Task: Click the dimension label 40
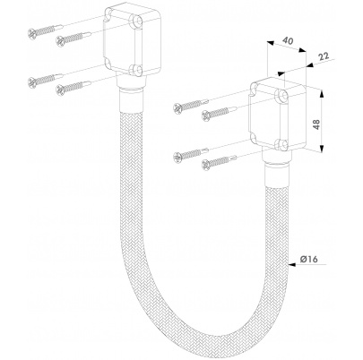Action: (x=288, y=41)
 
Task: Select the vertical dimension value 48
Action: (x=316, y=124)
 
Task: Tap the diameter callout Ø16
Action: (x=309, y=260)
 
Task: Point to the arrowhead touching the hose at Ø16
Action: (x=292, y=264)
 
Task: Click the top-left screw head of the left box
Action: (x=32, y=33)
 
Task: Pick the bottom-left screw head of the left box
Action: (x=32, y=82)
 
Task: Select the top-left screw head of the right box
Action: (x=177, y=108)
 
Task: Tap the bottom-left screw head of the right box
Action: (x=177, y=158)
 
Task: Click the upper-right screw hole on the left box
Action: (x=137, y=21)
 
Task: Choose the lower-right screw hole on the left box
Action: (x=136, y=70)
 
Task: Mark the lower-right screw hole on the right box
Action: (x=282, y=144)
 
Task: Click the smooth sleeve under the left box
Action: (x=131, y=99)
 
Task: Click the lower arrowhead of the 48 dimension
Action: (x=322, y=149)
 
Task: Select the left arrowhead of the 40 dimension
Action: (x=271, y=43)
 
